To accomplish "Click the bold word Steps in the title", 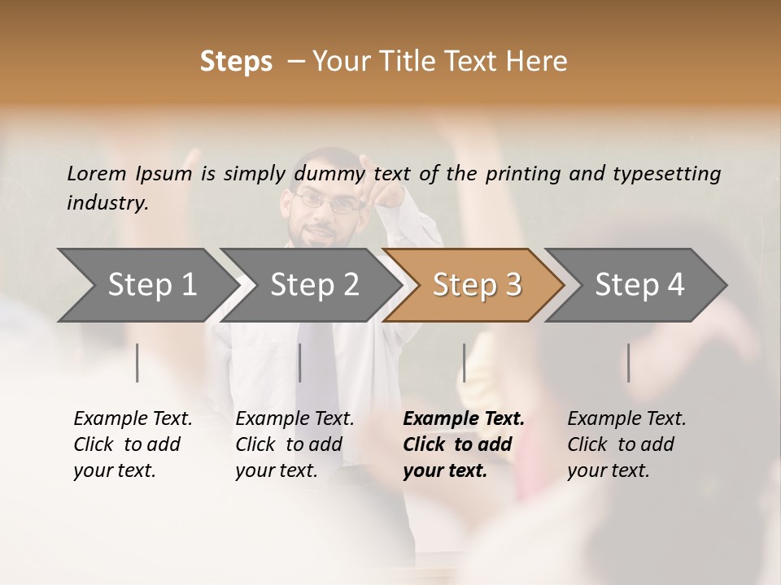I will pyautogui.click(x=236, y=62).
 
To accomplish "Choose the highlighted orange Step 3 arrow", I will pyautogui.click(x=477, y=285).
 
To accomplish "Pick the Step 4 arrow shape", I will pyautogui.click(x=639, y=285).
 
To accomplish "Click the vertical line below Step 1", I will pyautogui.click(x=137, y=362).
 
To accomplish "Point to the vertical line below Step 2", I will pyautogui.click(x=300, y=362).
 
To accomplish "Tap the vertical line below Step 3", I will pyautogui.click(x=465, y=362).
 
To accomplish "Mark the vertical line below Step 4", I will pyautogui.click(x=629, y=362).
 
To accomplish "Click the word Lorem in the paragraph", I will pyautogui.click(x=97, y=173).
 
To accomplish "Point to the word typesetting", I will pyautogui.click(x=666, y=174).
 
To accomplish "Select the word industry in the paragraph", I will pyautogui.click(x=107, y=203).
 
